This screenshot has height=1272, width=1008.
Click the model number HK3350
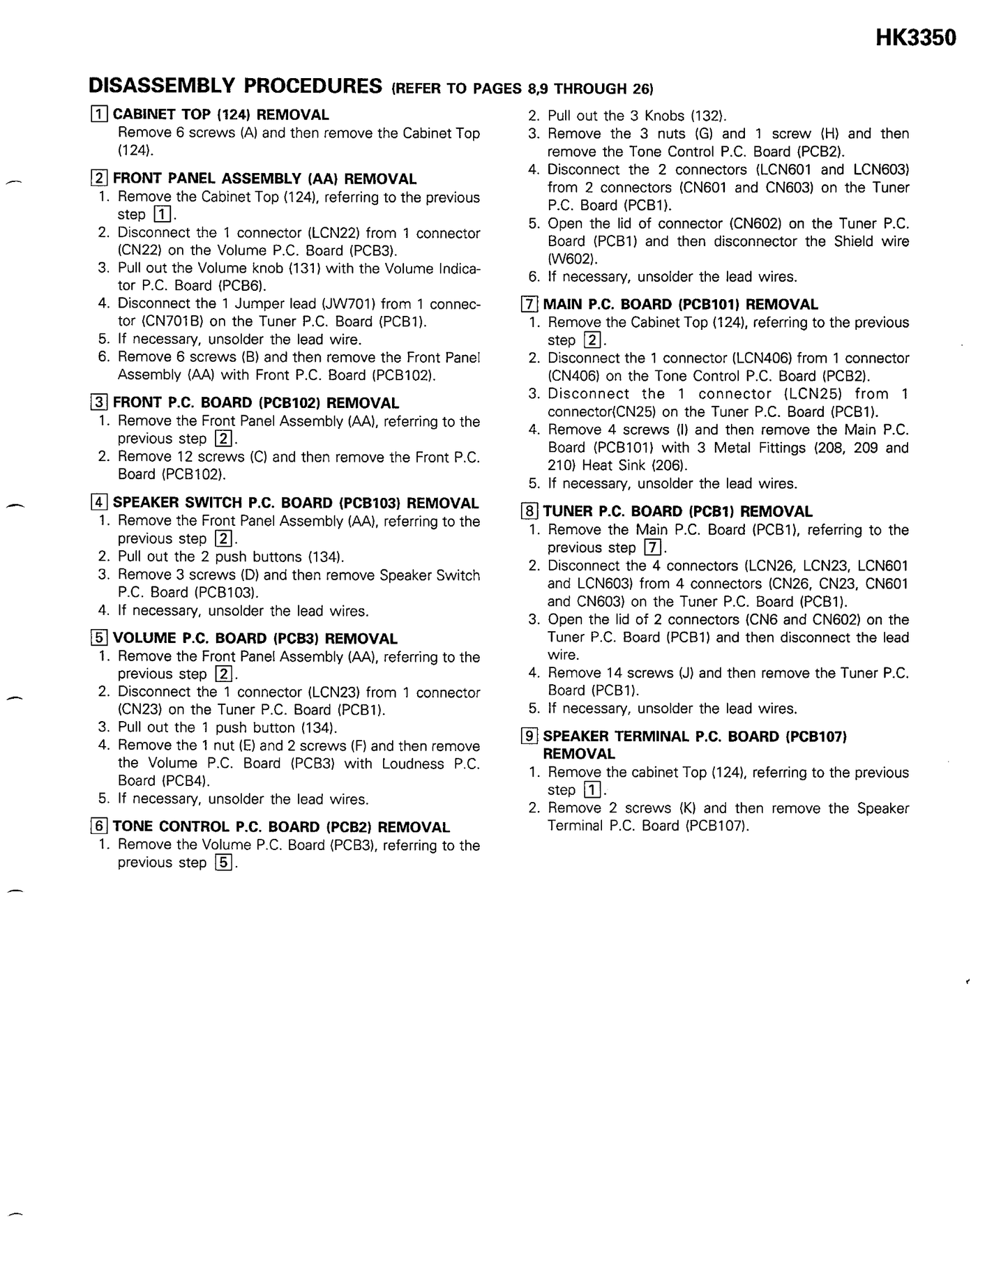(x=915, y=38)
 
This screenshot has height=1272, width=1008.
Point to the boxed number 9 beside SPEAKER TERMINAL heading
(x=529, y=736)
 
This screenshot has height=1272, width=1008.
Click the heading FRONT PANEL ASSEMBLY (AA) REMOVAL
(x=264, y=179)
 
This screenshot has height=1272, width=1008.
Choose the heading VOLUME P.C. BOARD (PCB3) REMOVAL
(x=255, y=638)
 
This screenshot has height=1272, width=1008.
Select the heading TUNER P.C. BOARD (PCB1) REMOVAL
(x=677, y=511)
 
